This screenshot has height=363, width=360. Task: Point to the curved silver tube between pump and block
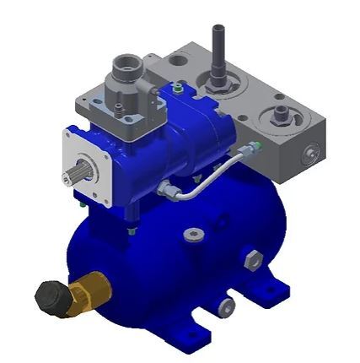click(202, 178)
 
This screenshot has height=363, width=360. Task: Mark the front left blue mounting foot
click(193, 338)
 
